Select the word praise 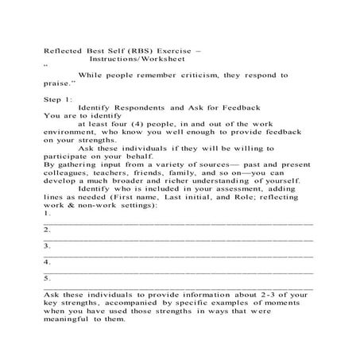point(59,83)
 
